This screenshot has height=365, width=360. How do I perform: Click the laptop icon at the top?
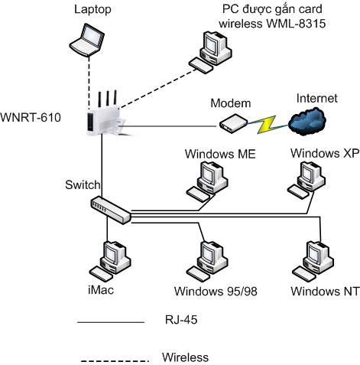pos(87,40)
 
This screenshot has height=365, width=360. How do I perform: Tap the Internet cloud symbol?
pos(307,121)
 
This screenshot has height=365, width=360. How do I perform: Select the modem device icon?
pos(233,123)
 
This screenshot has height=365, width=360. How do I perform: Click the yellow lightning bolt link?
pos(267,125)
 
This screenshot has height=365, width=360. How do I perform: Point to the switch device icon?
pos(111,210)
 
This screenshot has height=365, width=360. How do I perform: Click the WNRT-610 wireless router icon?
pos(105,115)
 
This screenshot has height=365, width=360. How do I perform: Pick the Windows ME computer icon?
pos(207,182)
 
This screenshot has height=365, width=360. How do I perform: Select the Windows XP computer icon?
pos(306,180)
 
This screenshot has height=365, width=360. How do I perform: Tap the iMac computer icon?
pos(110,261)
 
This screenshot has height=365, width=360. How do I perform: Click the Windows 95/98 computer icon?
pos(207,261)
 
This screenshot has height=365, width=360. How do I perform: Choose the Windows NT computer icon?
pos(313,261)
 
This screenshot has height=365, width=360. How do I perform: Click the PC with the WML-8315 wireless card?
pos(210,52)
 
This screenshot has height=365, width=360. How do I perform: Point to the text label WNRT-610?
pos(31,118)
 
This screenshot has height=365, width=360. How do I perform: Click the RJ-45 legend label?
pos(181,320)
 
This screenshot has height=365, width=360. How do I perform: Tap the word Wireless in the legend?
pos(185,357)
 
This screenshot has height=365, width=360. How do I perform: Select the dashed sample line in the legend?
pos(115,361)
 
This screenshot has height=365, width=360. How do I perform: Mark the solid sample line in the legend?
pos(111,322)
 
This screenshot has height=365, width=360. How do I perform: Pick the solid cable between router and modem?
pos(170,126)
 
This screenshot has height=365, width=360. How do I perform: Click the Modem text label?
pos(231,103)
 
